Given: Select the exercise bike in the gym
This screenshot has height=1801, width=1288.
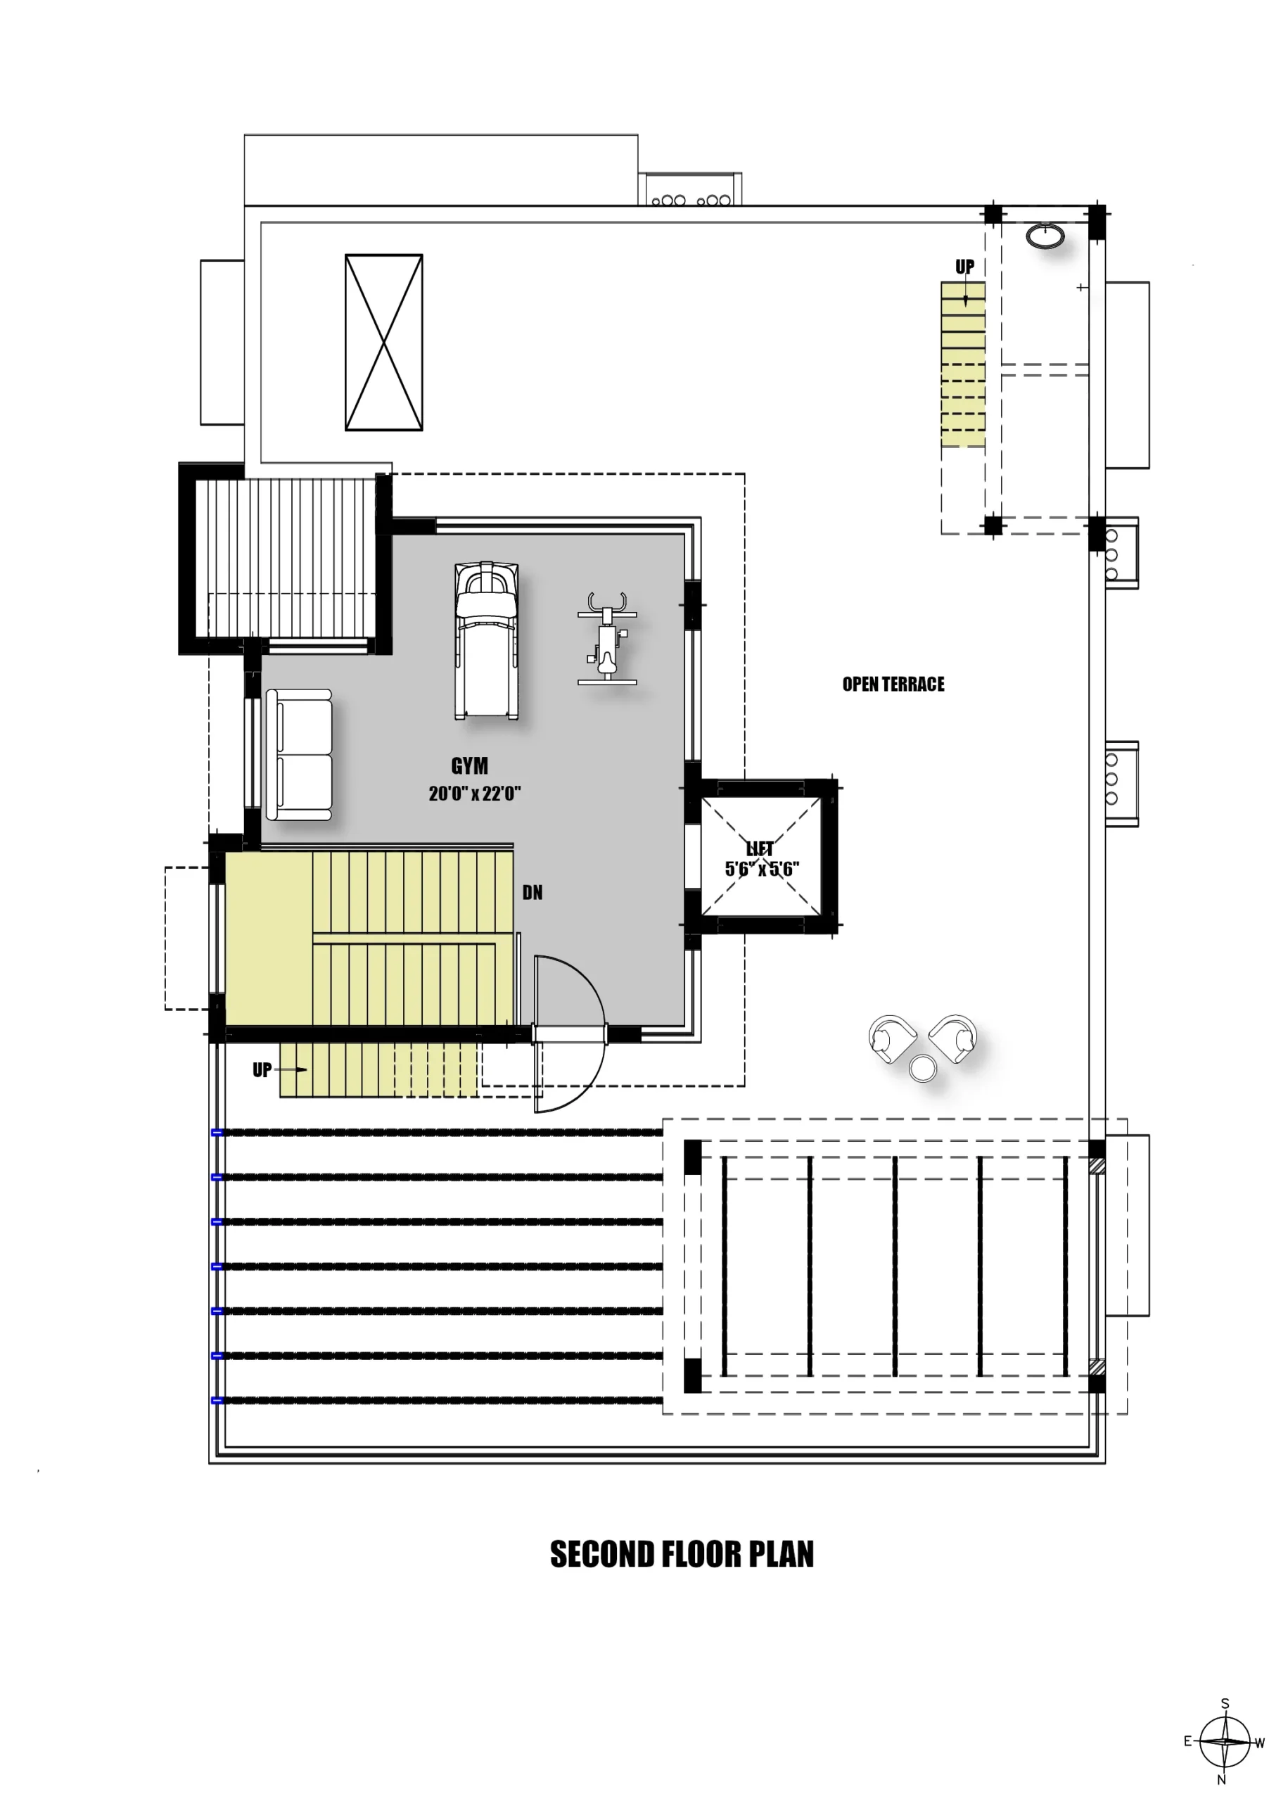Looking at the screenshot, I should coord(608,638).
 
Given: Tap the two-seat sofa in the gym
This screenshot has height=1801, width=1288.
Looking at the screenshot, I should coord(299,754).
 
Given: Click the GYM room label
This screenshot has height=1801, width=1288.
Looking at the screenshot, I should coord(469,766).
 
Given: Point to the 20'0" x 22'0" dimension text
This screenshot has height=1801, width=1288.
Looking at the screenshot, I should coord(474,794).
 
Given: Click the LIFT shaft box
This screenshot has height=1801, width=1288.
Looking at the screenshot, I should coord(761,856).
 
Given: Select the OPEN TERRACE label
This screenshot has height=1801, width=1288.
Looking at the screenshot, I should coord(893,685).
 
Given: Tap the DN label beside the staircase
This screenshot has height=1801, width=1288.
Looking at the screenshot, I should coord(533,893).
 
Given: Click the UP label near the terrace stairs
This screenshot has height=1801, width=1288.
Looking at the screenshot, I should coord(964,267).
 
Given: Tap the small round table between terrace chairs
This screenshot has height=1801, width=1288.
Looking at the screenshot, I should coord(922,1069).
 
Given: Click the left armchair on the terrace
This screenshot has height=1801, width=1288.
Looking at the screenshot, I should coord(891,1037).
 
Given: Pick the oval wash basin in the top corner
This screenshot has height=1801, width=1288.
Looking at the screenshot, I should coord(1045,236).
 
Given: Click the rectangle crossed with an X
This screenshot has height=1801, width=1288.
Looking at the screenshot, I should coord(384,343).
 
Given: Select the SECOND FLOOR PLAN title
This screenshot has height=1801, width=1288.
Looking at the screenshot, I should coord(682,1554).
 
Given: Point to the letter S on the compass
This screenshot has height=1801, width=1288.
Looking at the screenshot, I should coord(1225,1703).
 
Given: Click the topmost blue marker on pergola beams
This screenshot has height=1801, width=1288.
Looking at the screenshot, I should coord(217,1133).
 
